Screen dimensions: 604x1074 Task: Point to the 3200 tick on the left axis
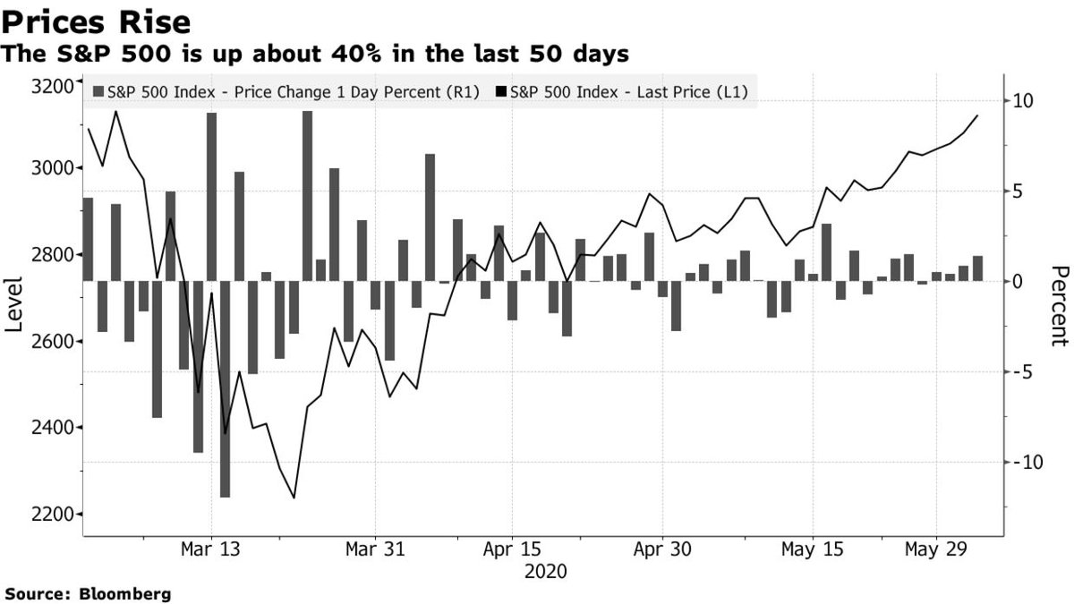tap(52, 86)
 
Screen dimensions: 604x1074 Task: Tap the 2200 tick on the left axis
tap(52, 515)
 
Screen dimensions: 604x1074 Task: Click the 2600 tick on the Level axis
tap(52, 342)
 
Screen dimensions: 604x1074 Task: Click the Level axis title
tap(14, 304)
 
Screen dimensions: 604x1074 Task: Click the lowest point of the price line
tap(294, 498)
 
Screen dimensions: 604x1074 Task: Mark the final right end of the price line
tap(977, 115)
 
